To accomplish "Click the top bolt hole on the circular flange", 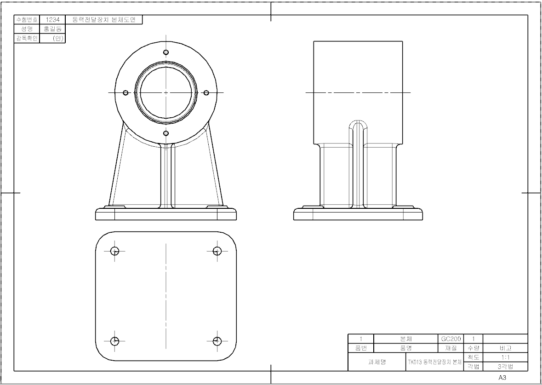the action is point(166,52).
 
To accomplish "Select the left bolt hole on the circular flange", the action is point(126,93).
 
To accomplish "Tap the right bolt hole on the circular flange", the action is point(206,93).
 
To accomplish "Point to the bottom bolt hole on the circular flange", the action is point(166,133).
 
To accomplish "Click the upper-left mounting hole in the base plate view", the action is point(115,251).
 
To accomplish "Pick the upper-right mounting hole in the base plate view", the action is point(217,251).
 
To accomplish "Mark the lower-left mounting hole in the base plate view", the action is point(115,341).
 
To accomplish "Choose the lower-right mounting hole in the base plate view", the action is point(217,341).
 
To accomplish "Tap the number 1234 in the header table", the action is point(52,20).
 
